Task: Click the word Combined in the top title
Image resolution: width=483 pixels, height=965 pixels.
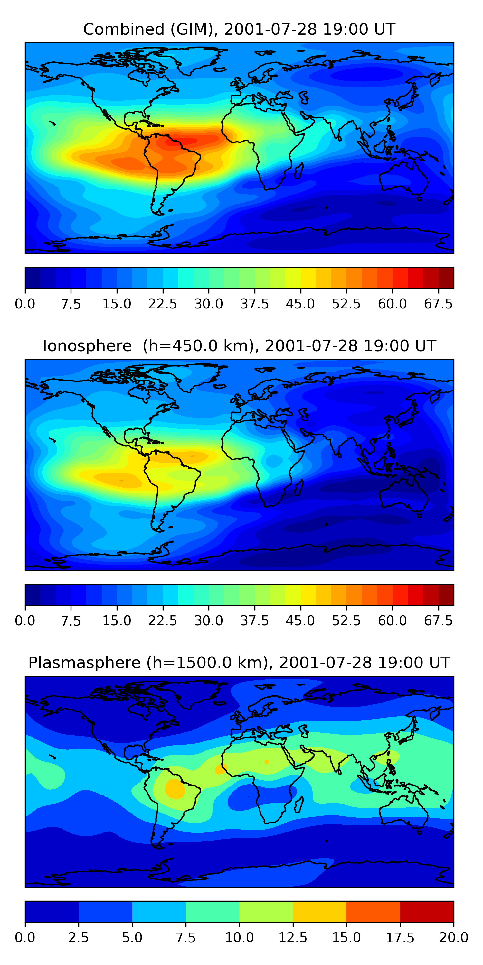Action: (124, 29)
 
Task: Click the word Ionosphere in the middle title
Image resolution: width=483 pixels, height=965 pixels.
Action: (87, 346)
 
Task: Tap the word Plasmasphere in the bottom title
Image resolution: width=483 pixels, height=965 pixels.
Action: (84, 662)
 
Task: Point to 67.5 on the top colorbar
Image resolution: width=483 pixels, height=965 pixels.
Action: (438, 304)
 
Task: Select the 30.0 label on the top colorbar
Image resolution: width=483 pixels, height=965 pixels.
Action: (209, 304)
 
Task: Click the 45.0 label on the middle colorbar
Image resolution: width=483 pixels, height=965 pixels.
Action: (300, 621)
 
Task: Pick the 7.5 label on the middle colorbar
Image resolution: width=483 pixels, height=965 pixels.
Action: (71, 621)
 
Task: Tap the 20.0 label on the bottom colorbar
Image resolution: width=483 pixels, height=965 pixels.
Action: (453, 937)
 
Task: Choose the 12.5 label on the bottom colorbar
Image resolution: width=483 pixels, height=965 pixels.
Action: (293, 937)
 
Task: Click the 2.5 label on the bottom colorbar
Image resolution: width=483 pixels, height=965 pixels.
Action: (78, 937)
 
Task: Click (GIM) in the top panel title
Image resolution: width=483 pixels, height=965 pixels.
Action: (194, 29)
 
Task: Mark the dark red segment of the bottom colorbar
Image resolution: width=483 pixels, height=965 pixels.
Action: (427, 911)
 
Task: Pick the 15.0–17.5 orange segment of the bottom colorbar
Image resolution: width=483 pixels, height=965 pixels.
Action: (373, 911)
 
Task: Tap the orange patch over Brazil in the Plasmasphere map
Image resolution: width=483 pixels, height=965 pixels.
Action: (175, 788)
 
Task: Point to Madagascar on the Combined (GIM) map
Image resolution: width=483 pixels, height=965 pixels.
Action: (299, 170)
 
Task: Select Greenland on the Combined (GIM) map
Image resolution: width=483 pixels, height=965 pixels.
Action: (199, 58)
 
